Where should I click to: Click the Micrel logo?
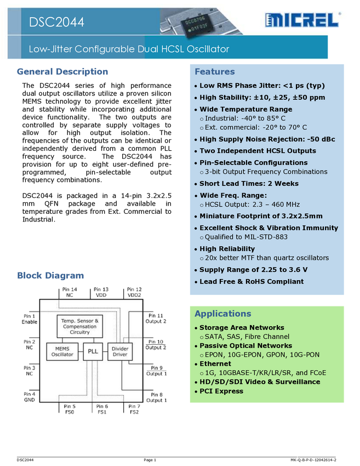click(302, 21)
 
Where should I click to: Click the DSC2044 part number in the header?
click(57, 22)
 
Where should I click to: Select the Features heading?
click(214, 72)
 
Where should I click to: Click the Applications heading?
click(222, 314)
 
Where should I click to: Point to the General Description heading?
click(62, 72)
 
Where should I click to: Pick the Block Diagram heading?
click(50, 276)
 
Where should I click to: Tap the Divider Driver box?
click(119, 351)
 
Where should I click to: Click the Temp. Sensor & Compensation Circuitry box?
click(80, 326)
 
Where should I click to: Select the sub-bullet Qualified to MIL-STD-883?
click(246, 237)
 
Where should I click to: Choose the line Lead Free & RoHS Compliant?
click(251, 281)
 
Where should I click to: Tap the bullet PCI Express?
click(221, 391)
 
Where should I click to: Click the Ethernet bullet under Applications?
click(215, 363)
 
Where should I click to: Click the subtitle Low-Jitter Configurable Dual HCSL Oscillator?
click(129, 49)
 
